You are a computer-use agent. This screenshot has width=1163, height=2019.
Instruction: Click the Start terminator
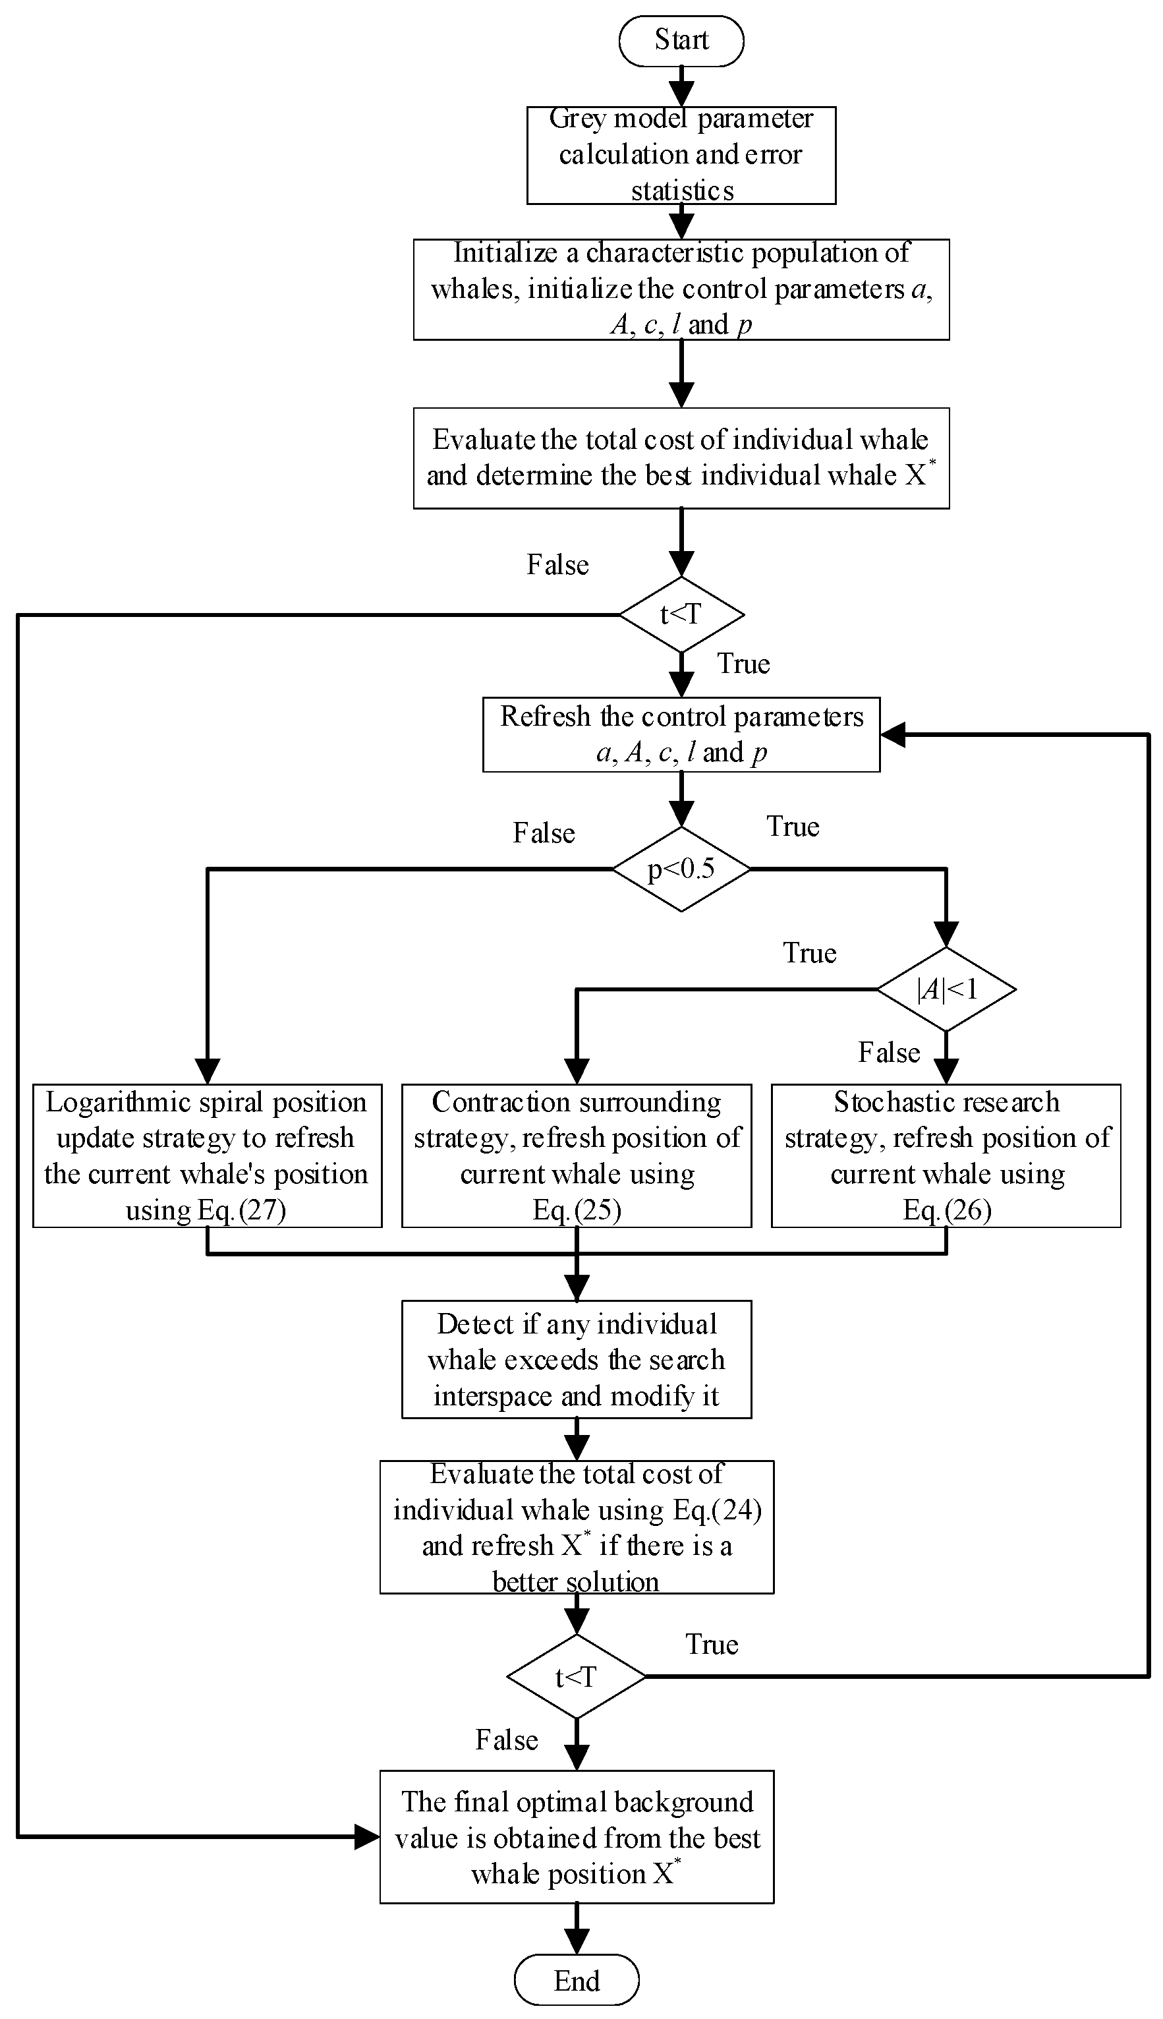[681, 40]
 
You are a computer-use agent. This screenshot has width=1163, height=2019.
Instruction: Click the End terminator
[576, 1980]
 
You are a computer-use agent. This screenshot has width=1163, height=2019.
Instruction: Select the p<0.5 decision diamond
[681, 869]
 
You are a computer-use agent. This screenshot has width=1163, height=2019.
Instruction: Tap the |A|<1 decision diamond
[946, 989]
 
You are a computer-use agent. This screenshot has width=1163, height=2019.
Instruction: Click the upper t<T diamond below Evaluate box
[681, 614]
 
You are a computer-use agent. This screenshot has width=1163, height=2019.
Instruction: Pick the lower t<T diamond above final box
[576, 1676]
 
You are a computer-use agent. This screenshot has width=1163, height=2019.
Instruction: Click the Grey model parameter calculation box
[681, 155]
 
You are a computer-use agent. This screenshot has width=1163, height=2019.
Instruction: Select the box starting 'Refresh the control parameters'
[681, 734]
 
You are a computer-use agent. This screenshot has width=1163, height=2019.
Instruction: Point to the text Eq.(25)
[577, 1210]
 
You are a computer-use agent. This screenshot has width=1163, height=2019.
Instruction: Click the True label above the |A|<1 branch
[809, 952]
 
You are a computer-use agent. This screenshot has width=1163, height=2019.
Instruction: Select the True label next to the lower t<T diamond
[711, 1645]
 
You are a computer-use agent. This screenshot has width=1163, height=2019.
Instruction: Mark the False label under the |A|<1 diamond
[888, 1052]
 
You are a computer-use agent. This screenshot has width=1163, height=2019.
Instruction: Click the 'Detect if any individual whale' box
[576, 1359]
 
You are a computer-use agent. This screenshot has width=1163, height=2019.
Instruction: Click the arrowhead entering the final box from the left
[368, 1837]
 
